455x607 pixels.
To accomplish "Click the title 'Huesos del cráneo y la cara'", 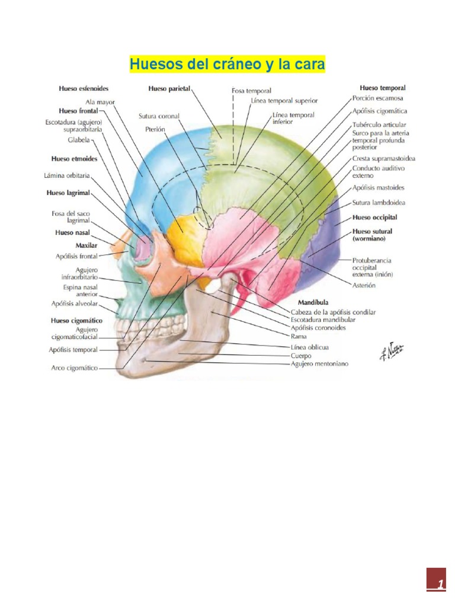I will click(227, 64).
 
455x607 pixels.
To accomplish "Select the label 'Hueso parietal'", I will click(169, 88).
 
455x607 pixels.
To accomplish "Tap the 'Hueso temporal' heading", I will click(383, 88).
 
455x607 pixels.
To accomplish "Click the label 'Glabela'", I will click(78, 140).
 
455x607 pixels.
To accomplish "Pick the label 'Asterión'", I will click(364, 285).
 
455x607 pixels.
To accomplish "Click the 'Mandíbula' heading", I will click(313, 302).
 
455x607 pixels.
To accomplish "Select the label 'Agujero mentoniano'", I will click(319, 363).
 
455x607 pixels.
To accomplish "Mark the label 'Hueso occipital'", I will click(374, 218).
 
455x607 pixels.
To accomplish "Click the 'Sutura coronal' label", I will click(159, 116).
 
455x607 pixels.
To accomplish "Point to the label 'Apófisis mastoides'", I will click(378, 188).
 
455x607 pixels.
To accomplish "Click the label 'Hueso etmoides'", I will click(74, 159).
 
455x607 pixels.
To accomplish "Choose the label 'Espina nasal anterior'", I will click(80, 290).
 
